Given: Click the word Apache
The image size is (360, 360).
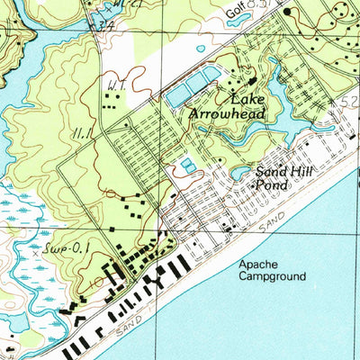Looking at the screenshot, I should click(259, 265).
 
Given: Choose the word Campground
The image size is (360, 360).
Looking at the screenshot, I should click(273, 277).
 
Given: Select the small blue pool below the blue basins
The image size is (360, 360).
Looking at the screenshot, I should click(186, 165).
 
